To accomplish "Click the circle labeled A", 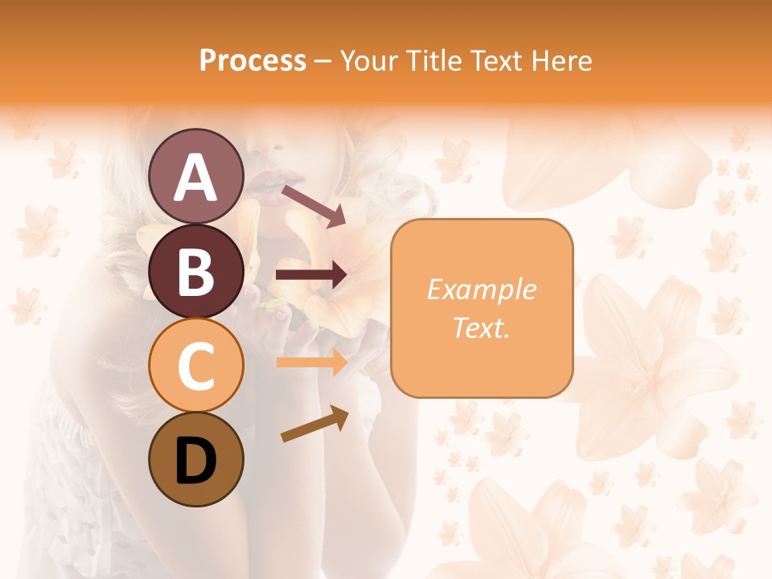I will pos(195,176).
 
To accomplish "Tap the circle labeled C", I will pos(195,365).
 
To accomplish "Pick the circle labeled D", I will pos(195,459).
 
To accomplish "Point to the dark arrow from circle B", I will pos(311,275).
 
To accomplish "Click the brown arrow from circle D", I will pos(314,424).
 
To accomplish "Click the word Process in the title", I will pos(253,61).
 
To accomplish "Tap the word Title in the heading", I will pos(433,61).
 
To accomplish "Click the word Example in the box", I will pos(481,289).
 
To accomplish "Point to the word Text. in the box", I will pos(481,327).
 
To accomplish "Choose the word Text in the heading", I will pos(495,61).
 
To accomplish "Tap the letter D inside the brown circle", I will pos(195,461).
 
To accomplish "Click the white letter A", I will pos(195,178).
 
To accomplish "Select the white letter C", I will pos(195,367).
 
